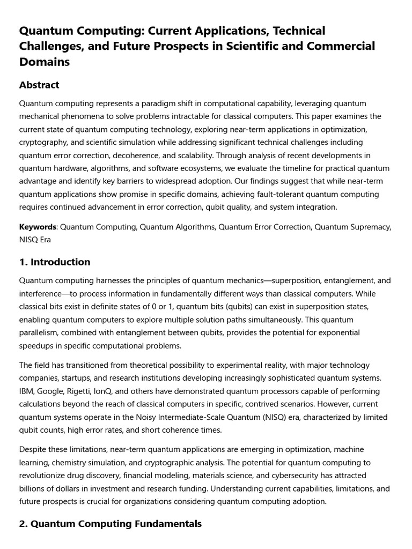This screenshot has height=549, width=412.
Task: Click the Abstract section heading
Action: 39,85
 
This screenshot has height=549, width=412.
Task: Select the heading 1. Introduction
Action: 55,262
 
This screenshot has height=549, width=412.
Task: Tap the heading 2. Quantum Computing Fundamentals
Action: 110,524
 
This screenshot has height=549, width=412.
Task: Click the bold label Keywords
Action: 38,227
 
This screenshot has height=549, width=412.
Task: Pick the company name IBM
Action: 27,391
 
